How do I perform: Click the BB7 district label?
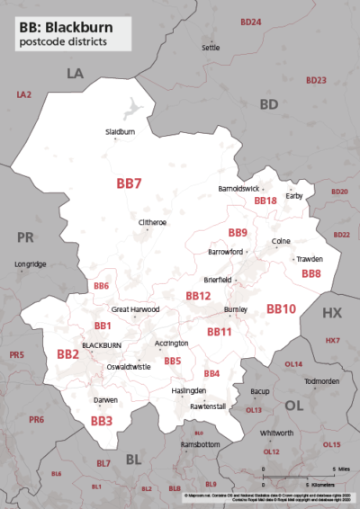click(x=130, y=183)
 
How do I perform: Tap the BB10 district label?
click(x=281, y=308)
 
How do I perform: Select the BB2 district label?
click(x=68, y=354)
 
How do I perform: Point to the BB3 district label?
click(x=101, y=420)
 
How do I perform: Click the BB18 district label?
click(x=265, y=201)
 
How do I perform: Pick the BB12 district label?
click(x=198, y=295)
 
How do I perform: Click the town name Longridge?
click(x=31, y=263)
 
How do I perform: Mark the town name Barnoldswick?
click(x=238, y=189)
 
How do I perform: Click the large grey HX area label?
click(x=332, y=313)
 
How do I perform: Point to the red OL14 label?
click(x=293, y=364)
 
